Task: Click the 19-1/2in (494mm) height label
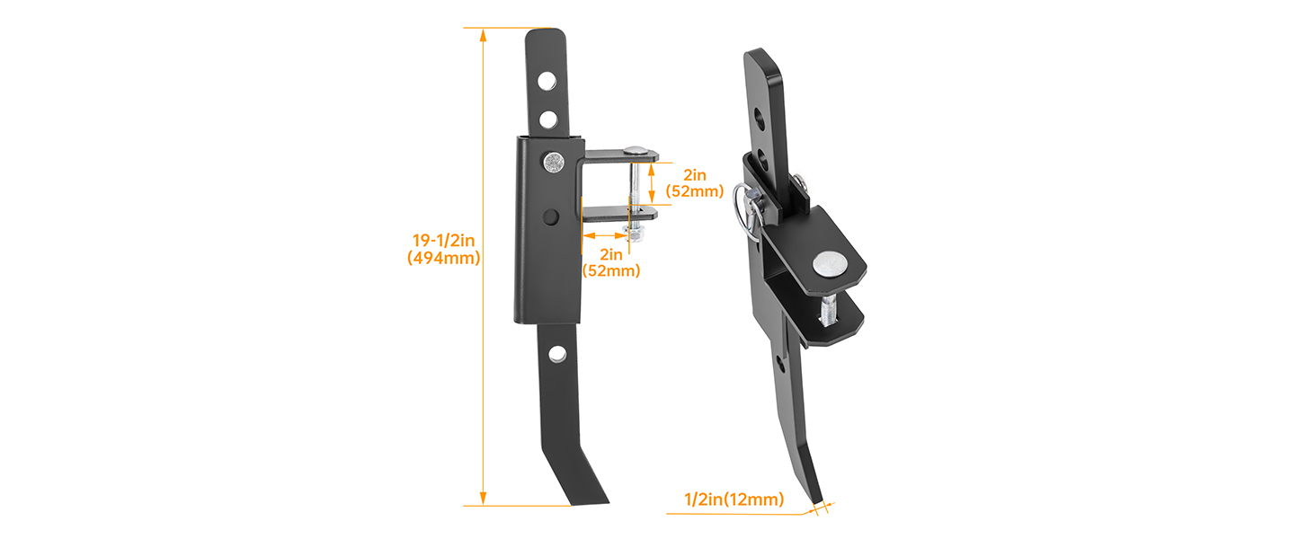coord(443,249)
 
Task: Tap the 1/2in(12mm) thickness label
coord(734,499)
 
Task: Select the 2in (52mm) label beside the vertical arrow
coord(695,183)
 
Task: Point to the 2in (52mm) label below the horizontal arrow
coord(611,262)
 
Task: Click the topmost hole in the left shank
coord(547,81)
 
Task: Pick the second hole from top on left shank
coord(548,119)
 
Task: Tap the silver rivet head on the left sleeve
coord(554,162)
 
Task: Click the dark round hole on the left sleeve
coord(550,216)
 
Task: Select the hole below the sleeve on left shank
coord(557,354)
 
